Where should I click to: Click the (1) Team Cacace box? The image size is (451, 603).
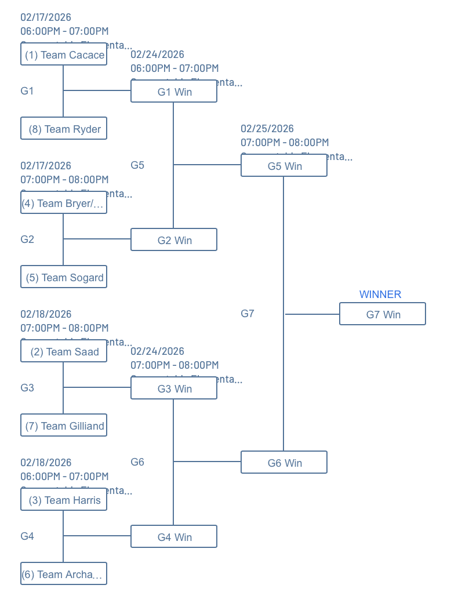click(64, 55)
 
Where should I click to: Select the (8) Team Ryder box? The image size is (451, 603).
click(64, 129)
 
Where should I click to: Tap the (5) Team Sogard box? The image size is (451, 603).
click(64, 277)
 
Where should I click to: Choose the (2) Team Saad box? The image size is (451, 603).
click(64, 351)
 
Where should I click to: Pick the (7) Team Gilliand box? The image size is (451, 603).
click(64, 426)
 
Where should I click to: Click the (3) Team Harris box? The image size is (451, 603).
click(64, 500)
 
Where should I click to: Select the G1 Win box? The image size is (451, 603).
click(174, 92)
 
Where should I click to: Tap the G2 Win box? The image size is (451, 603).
click(174, 240)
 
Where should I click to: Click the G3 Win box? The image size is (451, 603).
click(174, 388)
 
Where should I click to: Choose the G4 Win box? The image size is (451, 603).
click(174, 537)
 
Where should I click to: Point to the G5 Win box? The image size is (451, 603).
click(284, 166)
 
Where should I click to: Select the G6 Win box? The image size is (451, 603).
click(284, 463)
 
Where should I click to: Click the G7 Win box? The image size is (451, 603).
click(383, 314)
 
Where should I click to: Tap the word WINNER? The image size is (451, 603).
click(380, 295)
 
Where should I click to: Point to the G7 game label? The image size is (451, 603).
click(248, 314)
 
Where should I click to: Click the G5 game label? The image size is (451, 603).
click(137, 165)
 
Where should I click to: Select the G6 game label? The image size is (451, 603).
click(137, 462)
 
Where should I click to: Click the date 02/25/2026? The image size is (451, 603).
click(267, 129)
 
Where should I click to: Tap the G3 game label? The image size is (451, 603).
click(27, 388)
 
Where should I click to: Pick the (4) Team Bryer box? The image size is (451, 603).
click(64, 203)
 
